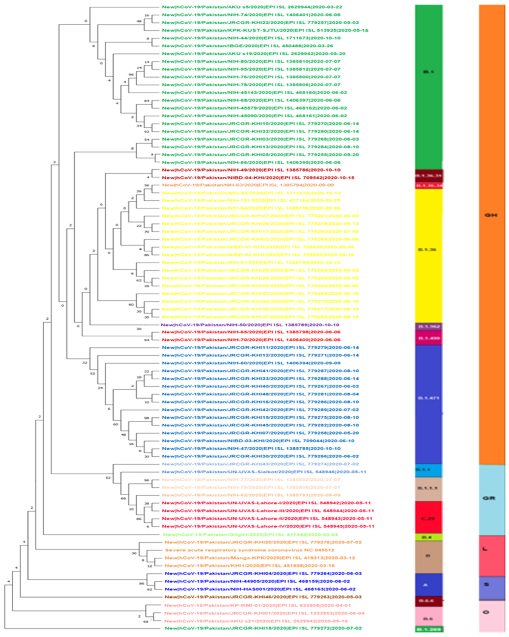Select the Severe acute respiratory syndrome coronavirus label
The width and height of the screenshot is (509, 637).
click(x=249, y=550)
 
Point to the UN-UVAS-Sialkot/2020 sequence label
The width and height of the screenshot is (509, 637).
click(x=264, y=472)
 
